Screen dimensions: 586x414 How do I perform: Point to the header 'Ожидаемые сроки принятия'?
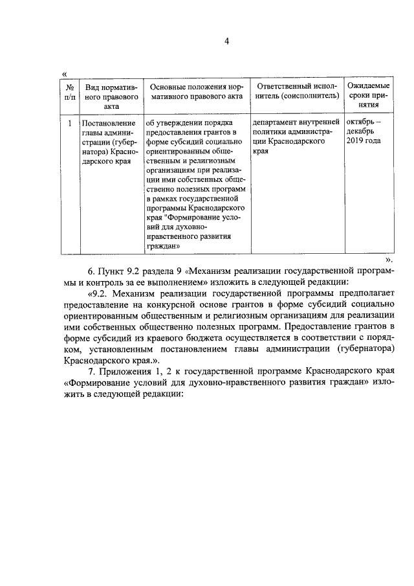point(368,96)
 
